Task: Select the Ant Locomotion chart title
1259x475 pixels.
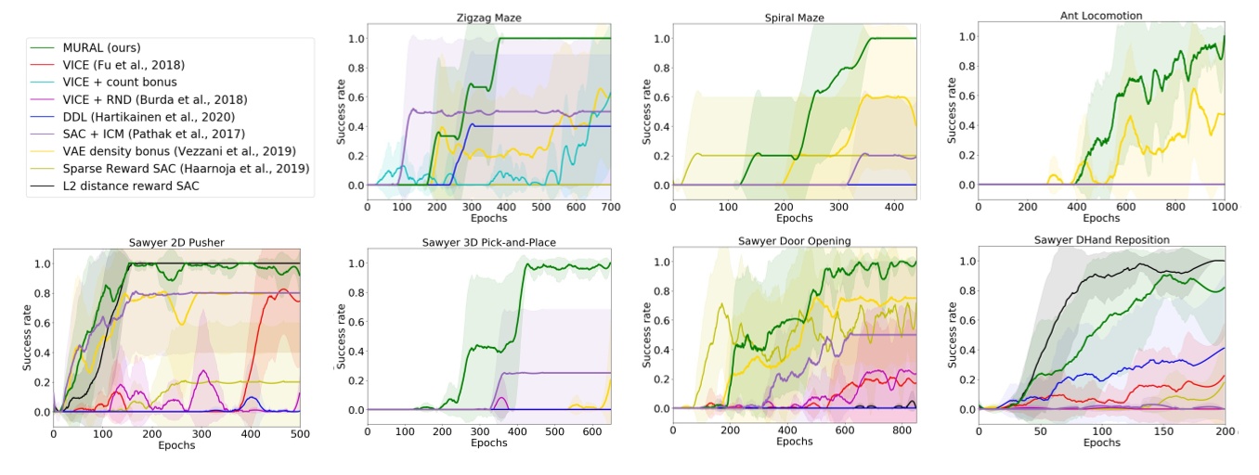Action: pos(1101,16)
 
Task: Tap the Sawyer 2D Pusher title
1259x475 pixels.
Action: pos(177,243)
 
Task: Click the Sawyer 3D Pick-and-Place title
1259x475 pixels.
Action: pos(488,243)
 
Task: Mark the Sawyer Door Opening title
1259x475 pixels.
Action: pos(794,243)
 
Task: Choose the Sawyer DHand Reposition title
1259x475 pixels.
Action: pos(1101,240)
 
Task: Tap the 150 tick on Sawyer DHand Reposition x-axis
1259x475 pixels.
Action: pos(1163,431)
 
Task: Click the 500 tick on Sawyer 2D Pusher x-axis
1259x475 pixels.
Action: pos(300,433)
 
